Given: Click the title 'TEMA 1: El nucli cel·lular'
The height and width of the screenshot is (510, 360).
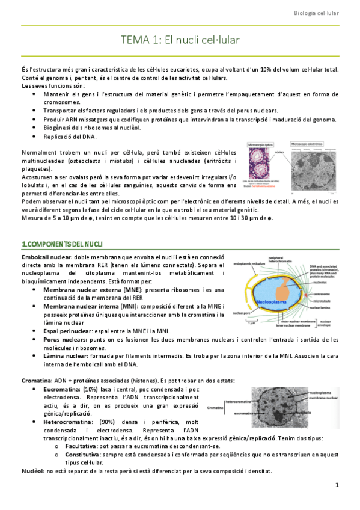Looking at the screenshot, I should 180,41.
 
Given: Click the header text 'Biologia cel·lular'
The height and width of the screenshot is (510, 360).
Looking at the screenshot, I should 325,13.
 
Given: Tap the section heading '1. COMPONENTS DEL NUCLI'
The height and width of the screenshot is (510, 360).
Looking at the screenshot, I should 62,244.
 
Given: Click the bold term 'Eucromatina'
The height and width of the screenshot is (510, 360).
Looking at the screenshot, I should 63,389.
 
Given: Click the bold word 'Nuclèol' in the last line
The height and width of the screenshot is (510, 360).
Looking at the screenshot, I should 33,470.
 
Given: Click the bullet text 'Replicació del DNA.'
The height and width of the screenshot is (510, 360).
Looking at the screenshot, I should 69,137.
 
